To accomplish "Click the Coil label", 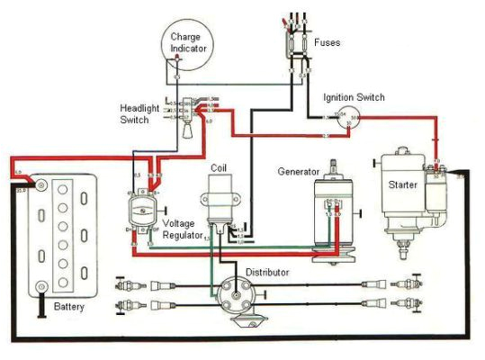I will (x=219, y=166).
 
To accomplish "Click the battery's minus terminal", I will (x=40, y=287).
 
